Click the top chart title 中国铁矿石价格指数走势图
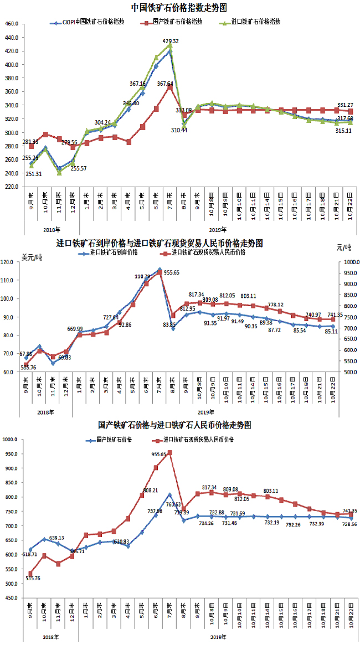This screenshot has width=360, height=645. pyautogui.click(x=179, y=8)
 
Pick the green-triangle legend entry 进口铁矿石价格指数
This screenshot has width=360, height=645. pyautogui.click(x=255, y=23)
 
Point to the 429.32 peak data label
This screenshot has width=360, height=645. pyautogui.click(x=171, y=42)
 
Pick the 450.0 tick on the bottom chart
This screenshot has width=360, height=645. pyautogui.click(x=11, y=598)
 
